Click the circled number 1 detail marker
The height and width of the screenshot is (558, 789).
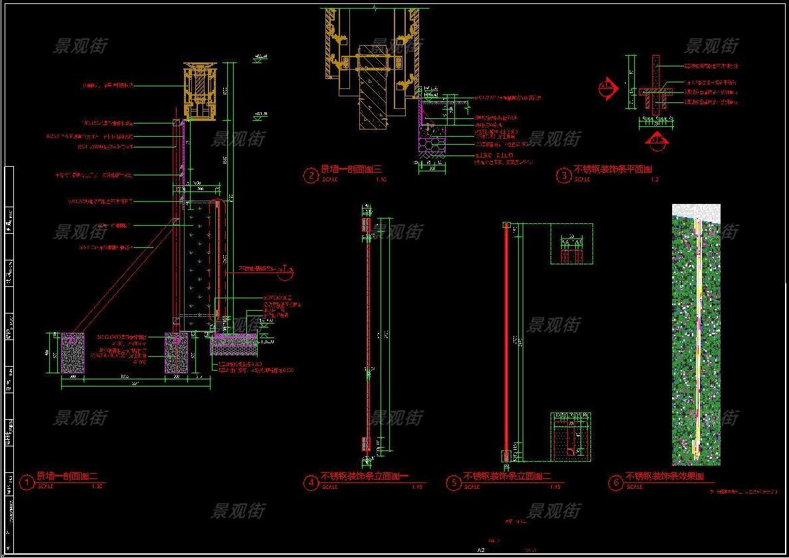point(27,482)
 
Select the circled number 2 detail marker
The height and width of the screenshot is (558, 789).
point(311,175)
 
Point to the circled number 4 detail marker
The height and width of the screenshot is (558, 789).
point(311,483)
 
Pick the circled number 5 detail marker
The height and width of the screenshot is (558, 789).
point(454,483)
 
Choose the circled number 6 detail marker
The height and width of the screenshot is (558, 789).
point(616,483)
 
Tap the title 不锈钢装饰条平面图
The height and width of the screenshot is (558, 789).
point(613,169)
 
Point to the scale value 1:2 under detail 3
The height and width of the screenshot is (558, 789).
point(654,179)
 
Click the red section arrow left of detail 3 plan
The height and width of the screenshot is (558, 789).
point(606,87)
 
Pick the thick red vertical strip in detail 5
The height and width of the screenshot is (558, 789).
point(506,339)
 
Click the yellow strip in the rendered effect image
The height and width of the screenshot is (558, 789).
point(697,332)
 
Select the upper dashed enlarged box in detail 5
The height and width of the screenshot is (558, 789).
point(571,244)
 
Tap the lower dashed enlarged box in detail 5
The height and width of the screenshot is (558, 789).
point(571,436)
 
